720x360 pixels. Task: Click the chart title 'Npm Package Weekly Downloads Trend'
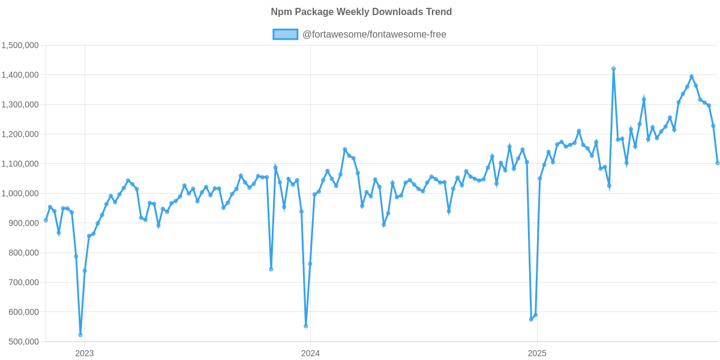tap(361, 12)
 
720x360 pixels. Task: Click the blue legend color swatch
tap(285, 34)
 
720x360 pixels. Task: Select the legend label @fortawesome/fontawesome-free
tap(374, 34)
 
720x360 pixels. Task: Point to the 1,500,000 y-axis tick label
tap(20, 45)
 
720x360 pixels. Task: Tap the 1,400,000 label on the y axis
tap(20, 75)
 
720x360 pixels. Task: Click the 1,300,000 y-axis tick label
tap(20, 104)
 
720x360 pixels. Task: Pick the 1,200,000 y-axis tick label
tap(20, 134)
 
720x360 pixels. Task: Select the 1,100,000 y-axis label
tap(20, 164)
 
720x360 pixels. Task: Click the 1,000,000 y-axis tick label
tap(20, 193)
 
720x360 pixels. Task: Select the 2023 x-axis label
tap(84, 353)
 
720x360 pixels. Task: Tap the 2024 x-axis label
tap(310, 353)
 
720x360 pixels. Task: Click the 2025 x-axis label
tap(536, 353)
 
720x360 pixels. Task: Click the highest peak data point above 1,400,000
tap(613, 68)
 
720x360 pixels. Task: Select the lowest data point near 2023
tap(80, 334)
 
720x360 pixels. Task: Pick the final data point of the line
tap(718, 163)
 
